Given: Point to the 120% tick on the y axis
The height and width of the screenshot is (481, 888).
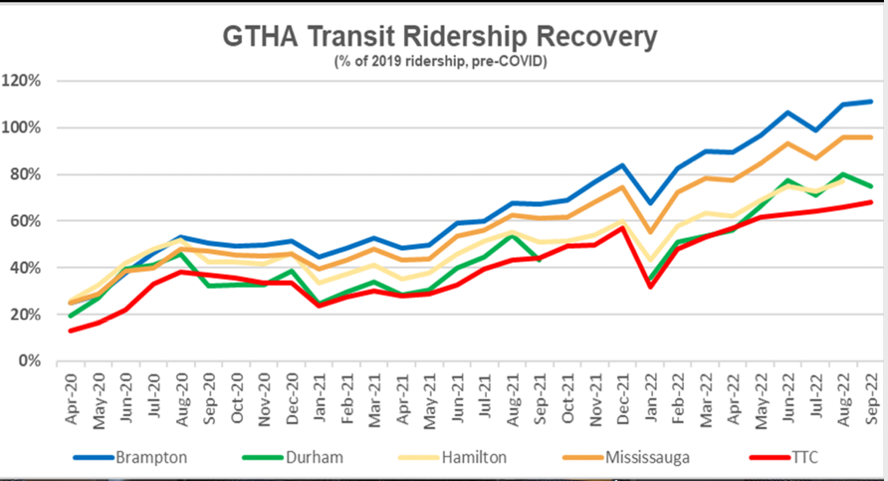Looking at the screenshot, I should coord(27,81).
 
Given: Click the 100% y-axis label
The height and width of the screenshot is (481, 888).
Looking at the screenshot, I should coord(27,127).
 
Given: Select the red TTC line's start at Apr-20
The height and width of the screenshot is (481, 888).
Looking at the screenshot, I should coord(72,331).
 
